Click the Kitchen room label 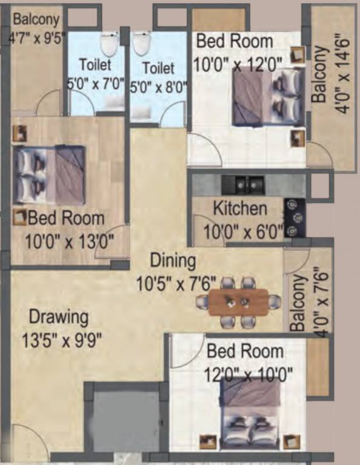tap(240, 209)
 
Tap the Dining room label tap(173, 261)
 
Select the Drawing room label tap(59, 317)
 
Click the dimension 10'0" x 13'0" tap(69, 242)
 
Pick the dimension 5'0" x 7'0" tap(95, 84)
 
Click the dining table tap(238, 302)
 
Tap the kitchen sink tap(242, 183)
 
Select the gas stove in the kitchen tap(295, 217)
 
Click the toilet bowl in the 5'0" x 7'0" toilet tap(109, 44)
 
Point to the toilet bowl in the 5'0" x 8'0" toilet tap(142, 44)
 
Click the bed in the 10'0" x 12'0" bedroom tap(267, 97)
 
